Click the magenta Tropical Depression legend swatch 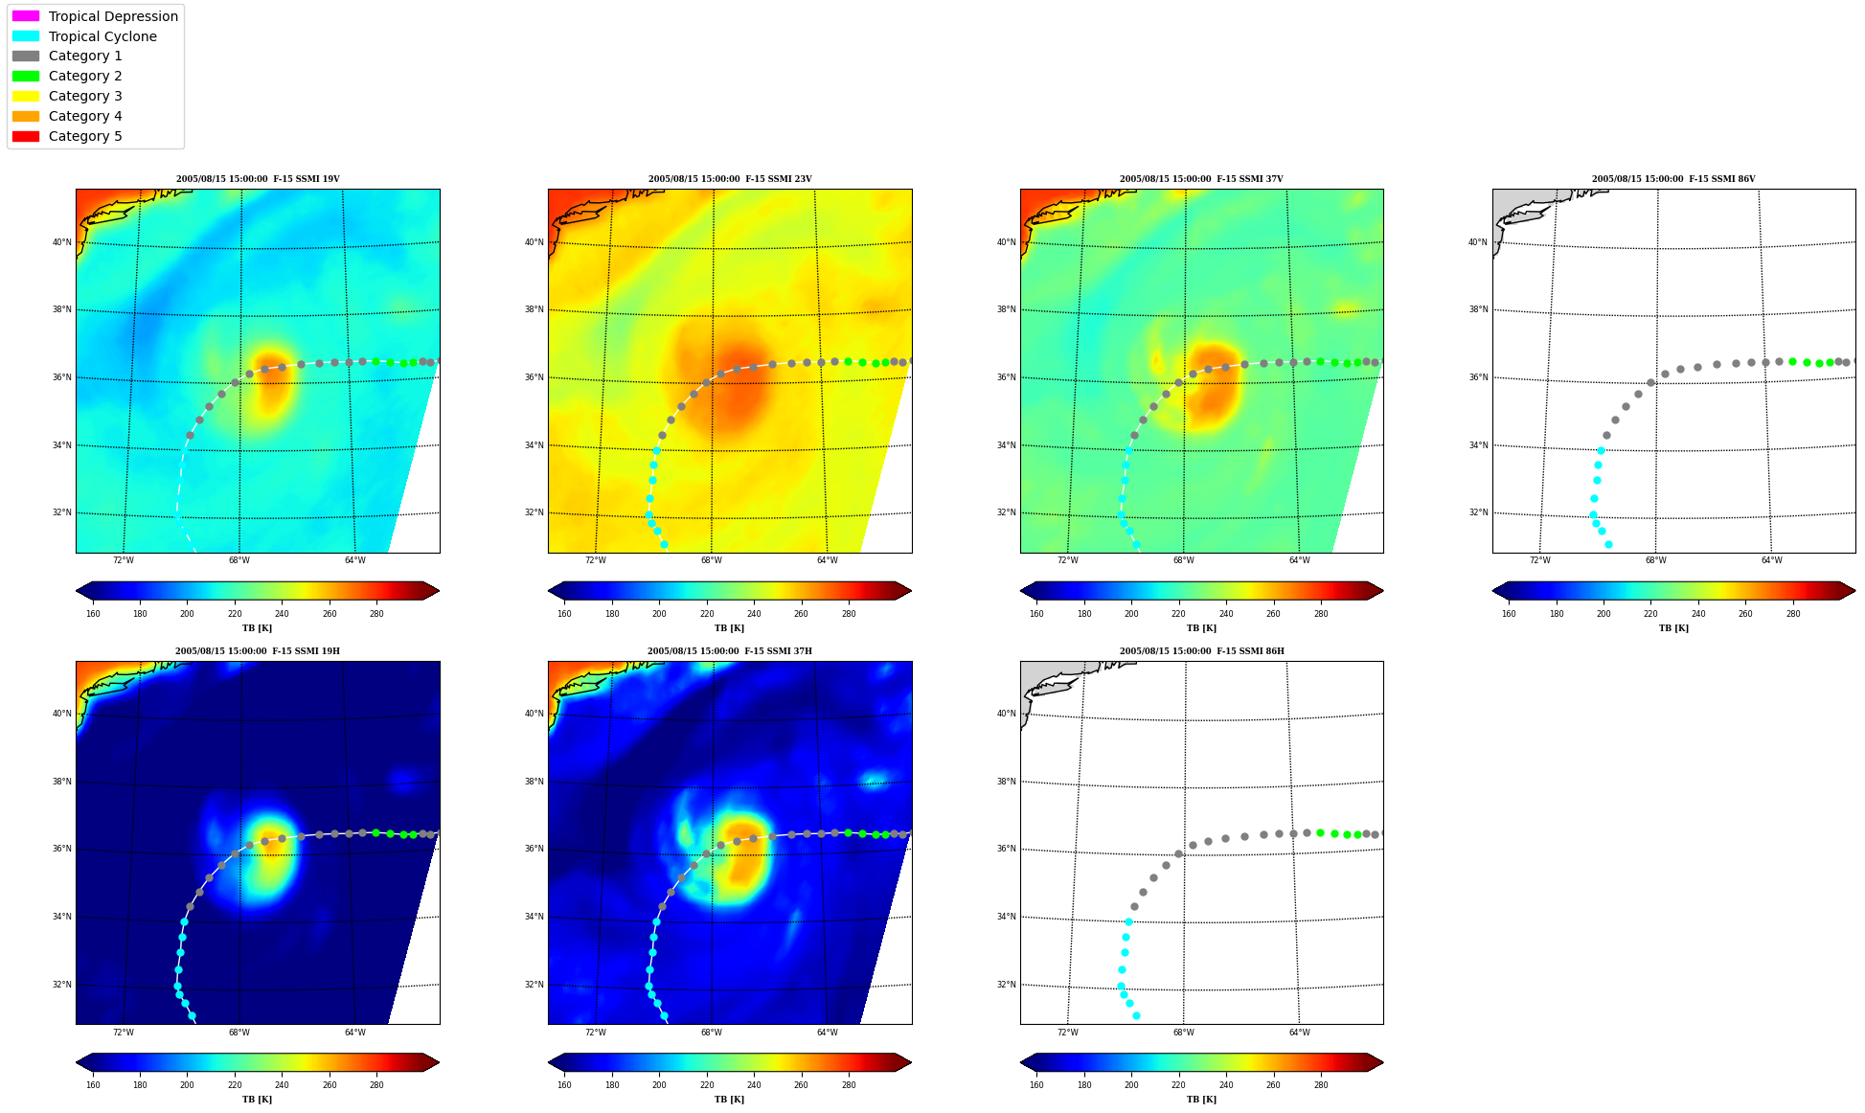[x=26, y=16]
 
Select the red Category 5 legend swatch [x=26, y=136]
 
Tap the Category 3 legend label [x=85, y=96]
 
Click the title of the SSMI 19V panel [x=258, y=179]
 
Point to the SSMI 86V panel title [x=1673, y=179]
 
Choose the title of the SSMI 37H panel [x=730, y=651]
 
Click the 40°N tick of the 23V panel [x=534, y=242]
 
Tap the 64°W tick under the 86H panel [x=1299, y=1033]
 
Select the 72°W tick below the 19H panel [x=124, y=1033]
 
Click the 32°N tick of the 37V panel [x=1007, y=512]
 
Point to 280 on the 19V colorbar [x=376, y=614]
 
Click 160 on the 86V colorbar [x=1509, y=614]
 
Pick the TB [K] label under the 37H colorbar [x=730, y=1100]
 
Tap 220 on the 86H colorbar [x=1178, y=1085]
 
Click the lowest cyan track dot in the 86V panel [x=1608, y=544]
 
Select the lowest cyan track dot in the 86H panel [x=1136, y=1015]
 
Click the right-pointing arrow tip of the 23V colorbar [x=911, y=591]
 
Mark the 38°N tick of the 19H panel [x=62, y=782]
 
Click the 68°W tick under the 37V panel [x=1184, y=560]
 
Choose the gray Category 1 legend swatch [x=26, y=56]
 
